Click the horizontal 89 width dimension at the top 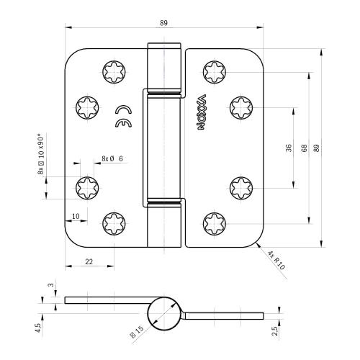click(x=163, y=23)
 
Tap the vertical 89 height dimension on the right click(x=317, y=148)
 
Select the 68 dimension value click(x=304, y=148)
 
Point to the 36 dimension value click(x=289, y=148)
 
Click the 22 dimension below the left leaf click(x=89, y=261)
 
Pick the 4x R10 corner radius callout click(x=276, y=260)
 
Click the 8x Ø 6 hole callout click(x=112, y=158)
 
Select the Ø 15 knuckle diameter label click(x=136, y=331)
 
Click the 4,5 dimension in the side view click(x=38, y=328)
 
